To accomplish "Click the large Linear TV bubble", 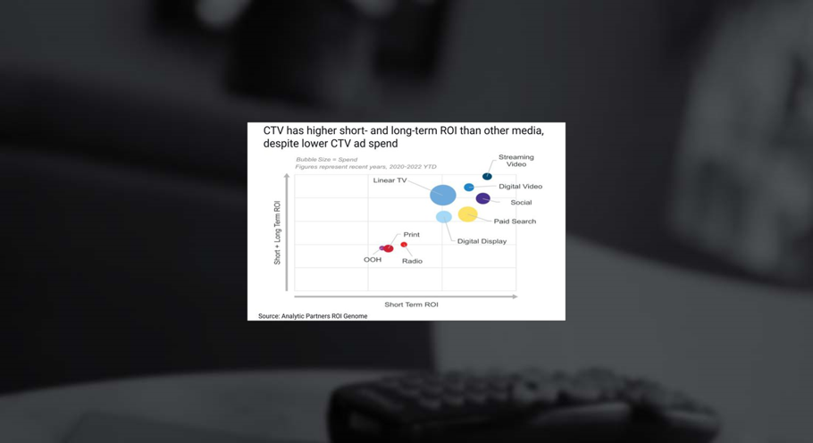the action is [x=443, y=195].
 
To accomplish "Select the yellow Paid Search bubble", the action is [x=467, y=214].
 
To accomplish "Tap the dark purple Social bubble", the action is [x=482, y=198].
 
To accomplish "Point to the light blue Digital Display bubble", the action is [x=443, y=216].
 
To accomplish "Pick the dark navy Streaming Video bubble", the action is [x=487, y=176].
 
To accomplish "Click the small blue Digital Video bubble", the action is [x=469, y=187].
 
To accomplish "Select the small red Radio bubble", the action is [x=404, y=245].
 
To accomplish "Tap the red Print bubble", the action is [x=389, y=248].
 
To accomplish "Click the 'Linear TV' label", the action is [x=390, y=180].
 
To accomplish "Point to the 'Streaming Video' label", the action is [x=515, y=161].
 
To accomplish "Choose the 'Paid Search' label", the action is [x=515, y=221].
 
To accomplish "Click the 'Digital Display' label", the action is [x=482, y=241].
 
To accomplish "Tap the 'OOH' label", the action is [x=373, y=260].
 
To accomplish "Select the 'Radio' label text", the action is [x=412, y=261].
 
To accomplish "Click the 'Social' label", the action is [x=521, y=203].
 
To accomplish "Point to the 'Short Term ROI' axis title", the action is [x=411, y=305].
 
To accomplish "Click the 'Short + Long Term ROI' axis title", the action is [x=277, y=232].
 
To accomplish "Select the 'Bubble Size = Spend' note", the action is [x=327, y=160].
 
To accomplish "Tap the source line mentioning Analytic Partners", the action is [x=313, y=316].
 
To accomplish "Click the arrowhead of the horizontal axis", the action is [x=515, y=297].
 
